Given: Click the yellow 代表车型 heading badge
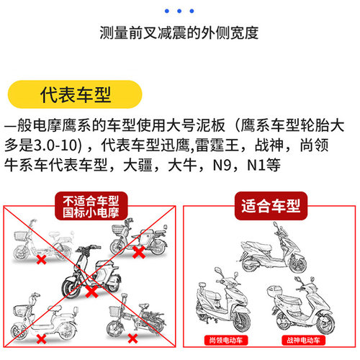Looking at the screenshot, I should point(69,94).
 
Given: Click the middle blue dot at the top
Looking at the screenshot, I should point(179,11).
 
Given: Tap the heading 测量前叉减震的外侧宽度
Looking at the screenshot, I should point(179,33).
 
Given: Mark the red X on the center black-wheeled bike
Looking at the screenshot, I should point(91,292).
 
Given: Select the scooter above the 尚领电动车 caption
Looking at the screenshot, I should point(222,302).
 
